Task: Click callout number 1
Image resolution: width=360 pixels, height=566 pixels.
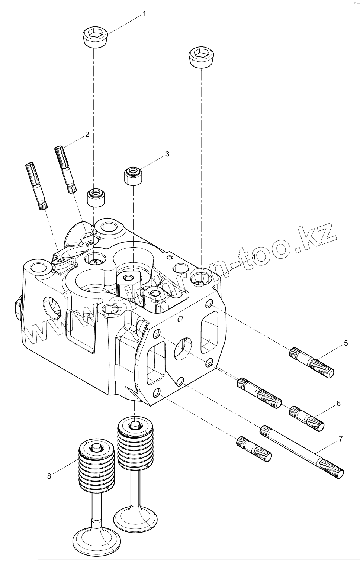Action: [x=144, y=14]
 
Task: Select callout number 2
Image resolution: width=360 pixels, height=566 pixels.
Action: [x=87, y=135]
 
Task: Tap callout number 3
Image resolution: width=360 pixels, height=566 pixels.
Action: [x=167, y=154]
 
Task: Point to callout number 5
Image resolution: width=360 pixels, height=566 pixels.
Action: [x=345, y=343]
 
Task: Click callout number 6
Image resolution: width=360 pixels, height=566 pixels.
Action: [x=338, y=404]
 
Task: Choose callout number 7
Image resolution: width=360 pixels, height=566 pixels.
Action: [x=341, y=439]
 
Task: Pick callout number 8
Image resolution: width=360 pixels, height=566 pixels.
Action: [x=49, y=476]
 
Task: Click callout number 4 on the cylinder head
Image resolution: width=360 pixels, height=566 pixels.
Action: [x=254, y=257]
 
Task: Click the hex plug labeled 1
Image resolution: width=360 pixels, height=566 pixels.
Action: [x=95, y=37]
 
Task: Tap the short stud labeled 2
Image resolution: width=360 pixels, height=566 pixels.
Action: [x=66, y=169]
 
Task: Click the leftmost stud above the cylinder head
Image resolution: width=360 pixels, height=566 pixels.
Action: [x=36, y=186]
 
